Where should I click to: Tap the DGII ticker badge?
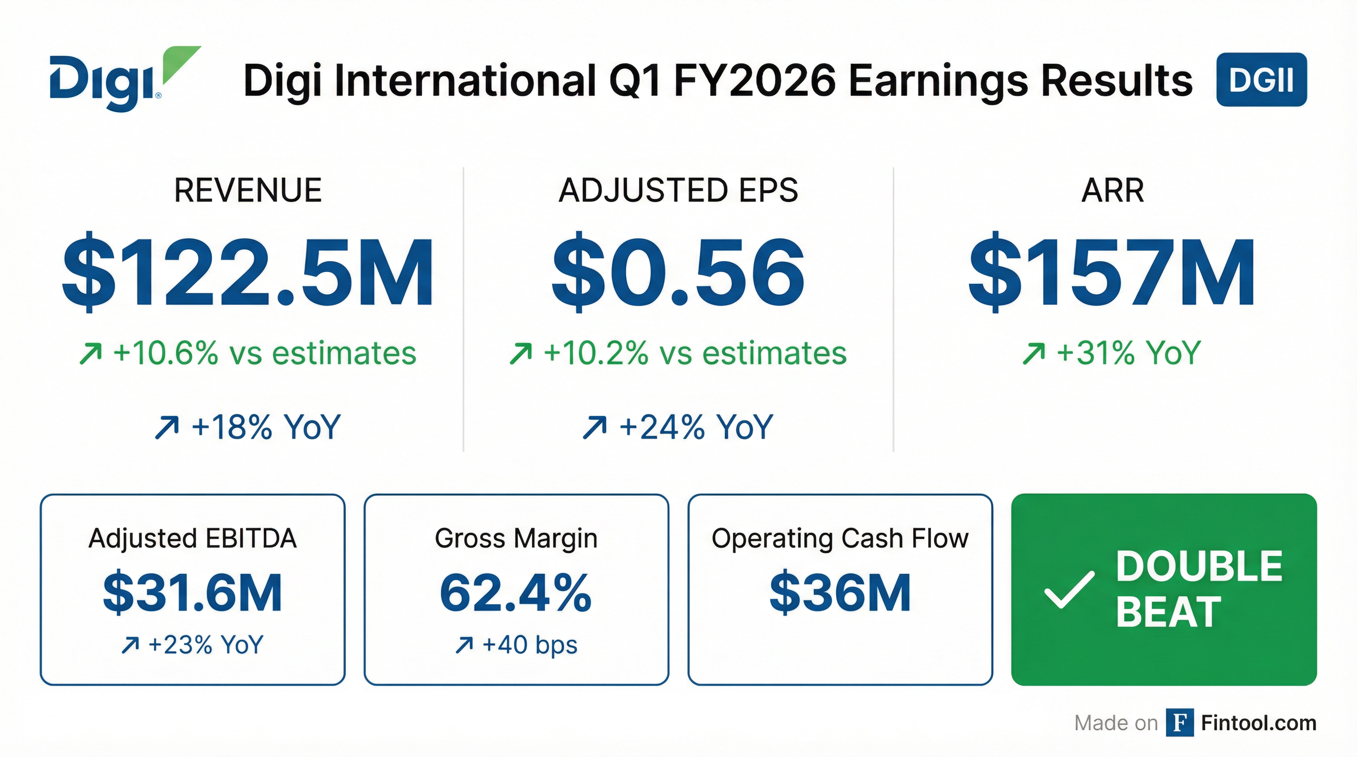coord(1261,79)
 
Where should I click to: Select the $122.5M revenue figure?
coord(248,272)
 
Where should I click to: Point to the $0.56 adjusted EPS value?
coord(678,272)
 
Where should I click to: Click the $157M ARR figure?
coord(1112,272)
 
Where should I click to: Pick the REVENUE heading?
coord(248,190)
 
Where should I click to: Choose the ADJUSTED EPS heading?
coord(678,190)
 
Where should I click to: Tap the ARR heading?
coord(1112,190)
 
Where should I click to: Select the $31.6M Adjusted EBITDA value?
coord(192,593)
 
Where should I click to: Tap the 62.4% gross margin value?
coord(516,593)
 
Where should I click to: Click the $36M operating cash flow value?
coord(840,593)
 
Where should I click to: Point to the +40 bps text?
coord(516,644)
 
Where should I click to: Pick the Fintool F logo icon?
coord(1179,723)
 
